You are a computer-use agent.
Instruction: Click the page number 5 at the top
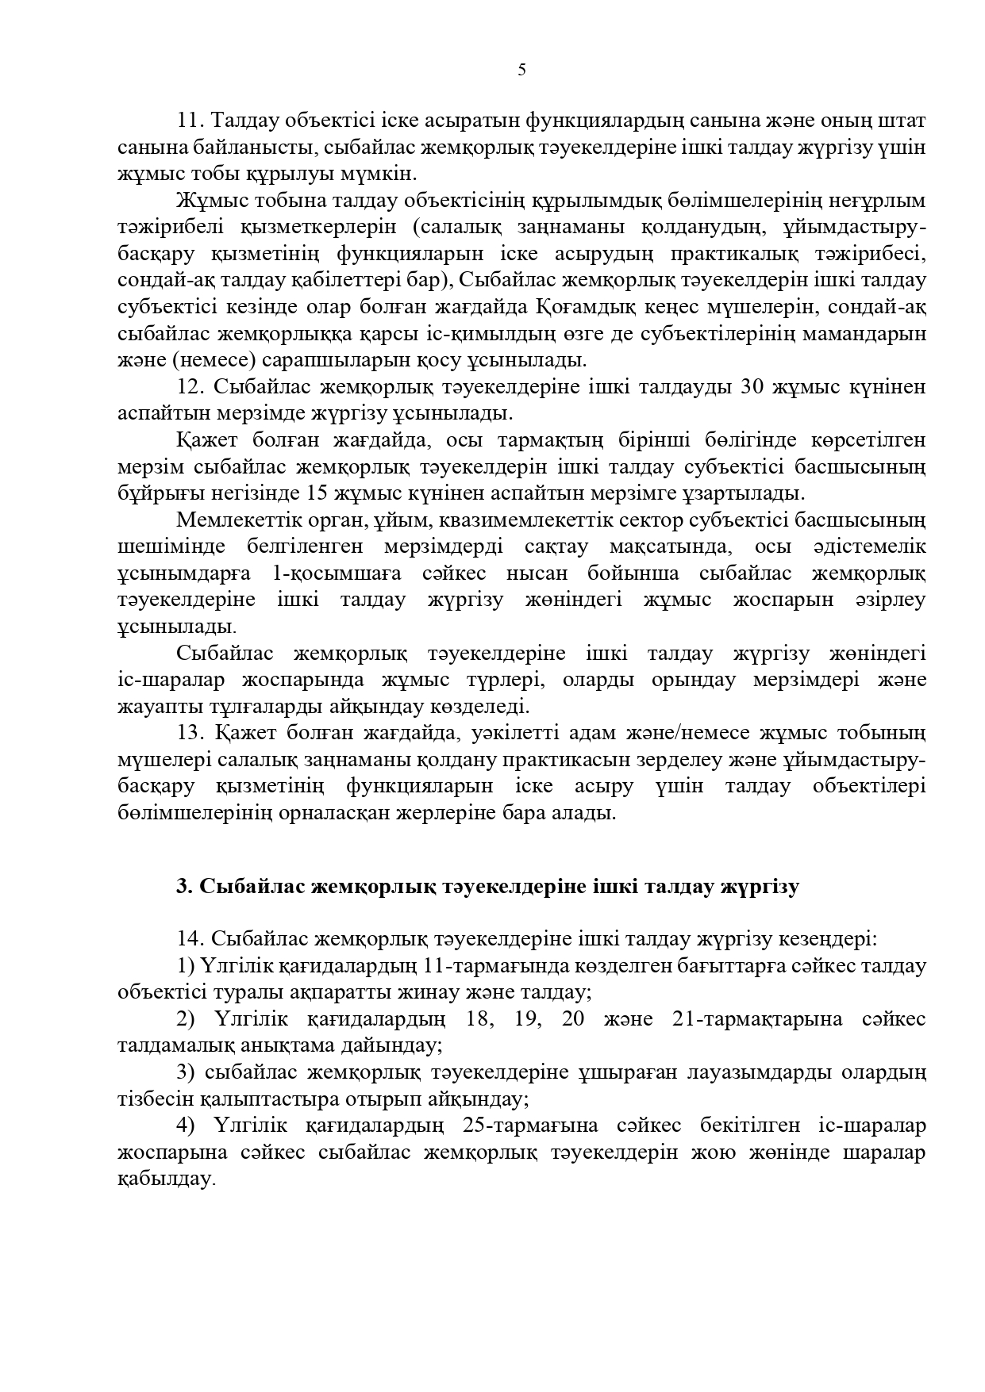click(x=521, y=70)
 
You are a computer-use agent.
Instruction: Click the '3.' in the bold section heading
click(x=184, y=887)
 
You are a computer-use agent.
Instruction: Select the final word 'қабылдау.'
click(x=166, y=1179)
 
